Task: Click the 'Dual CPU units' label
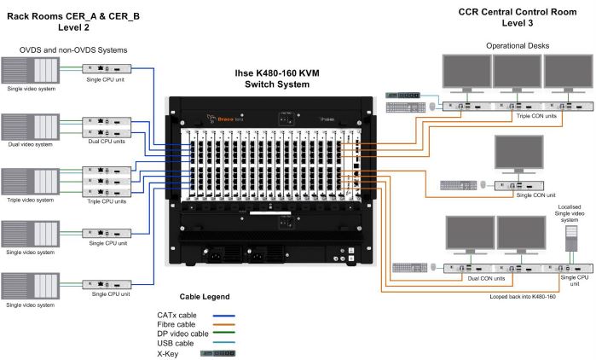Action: point(105,142)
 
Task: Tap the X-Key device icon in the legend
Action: point(217,352)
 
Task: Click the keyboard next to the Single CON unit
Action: point(458,184)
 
